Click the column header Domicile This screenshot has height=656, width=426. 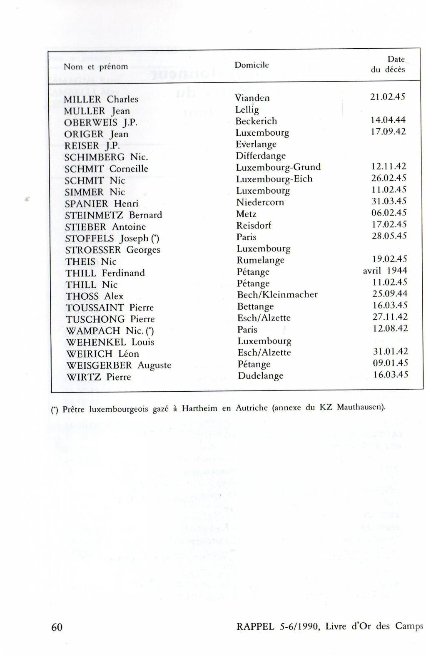(252, 65)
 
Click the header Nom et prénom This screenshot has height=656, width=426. (96, 67)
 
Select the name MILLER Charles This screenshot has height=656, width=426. (101, 99)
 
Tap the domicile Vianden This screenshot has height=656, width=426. (252, 98)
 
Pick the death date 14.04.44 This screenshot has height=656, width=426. (388, 120)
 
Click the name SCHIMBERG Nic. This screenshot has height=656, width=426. (106, 157)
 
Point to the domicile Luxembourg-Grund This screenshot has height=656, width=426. (278, 167)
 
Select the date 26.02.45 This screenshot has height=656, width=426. (389, 178)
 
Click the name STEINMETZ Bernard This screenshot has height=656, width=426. (113, 215)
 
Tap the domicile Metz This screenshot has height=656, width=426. (246, 214)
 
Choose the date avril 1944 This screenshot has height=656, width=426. (385, 271)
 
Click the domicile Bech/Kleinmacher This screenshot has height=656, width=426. (277, 295)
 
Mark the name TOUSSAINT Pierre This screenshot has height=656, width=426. (110, 308)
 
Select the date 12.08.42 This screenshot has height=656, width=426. (390, 328)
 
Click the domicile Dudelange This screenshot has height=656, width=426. (260, 375)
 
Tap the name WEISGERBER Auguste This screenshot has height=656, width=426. (119, 365)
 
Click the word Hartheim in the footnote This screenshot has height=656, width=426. (199, 408)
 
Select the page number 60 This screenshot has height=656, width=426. (57, 627)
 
